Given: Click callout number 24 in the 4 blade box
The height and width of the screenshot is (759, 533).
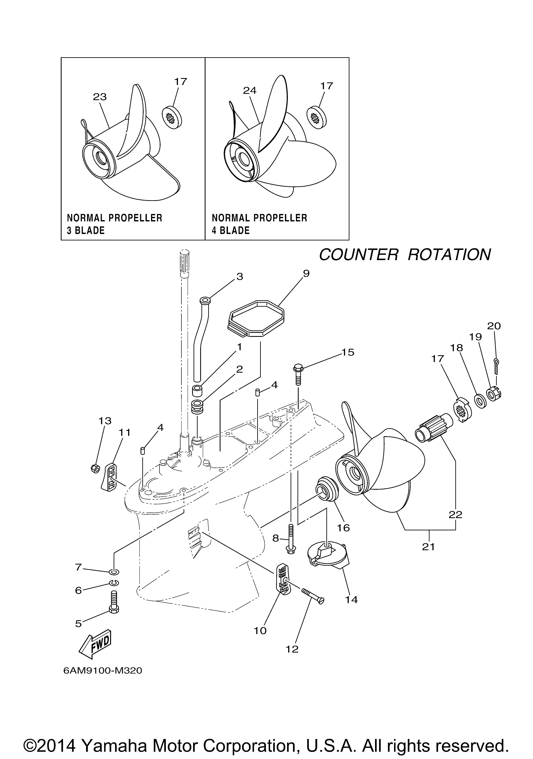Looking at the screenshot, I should click(250, 91).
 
